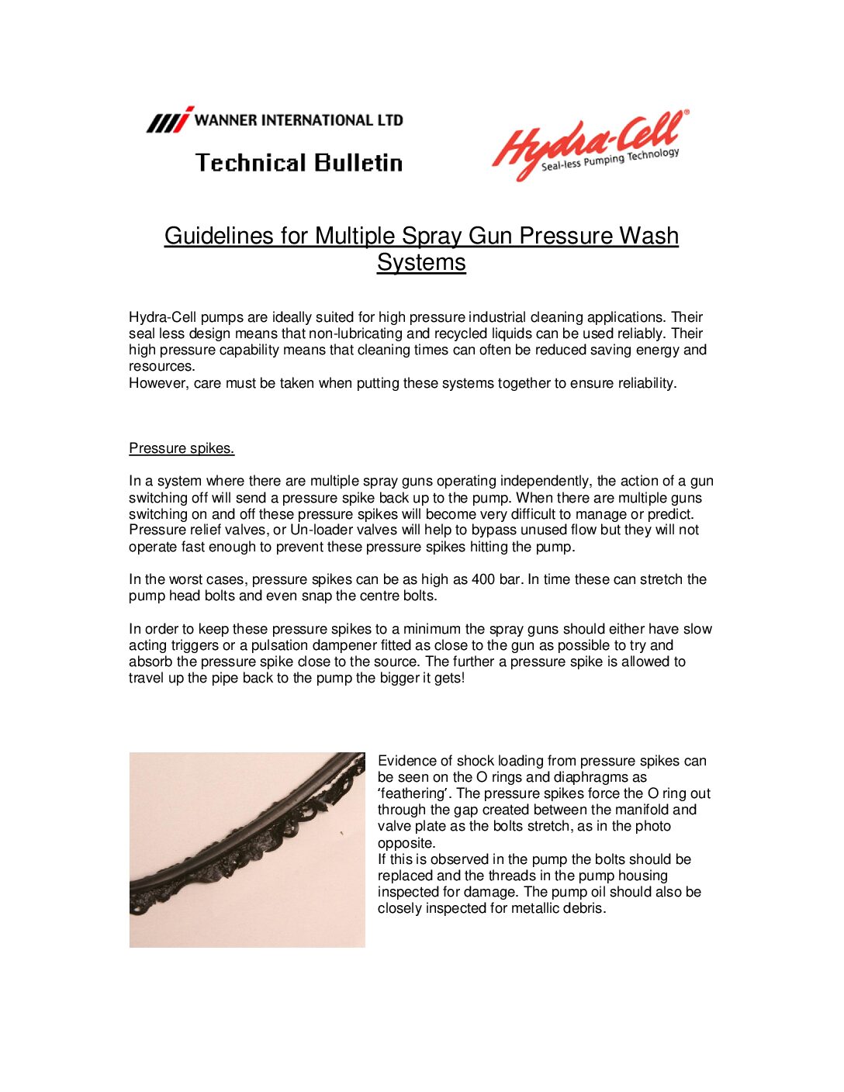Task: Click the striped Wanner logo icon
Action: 169,120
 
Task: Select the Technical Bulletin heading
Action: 299,163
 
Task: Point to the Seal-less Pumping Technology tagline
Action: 610,160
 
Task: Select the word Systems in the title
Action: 421,262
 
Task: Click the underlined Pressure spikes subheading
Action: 182,448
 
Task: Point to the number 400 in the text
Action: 483,579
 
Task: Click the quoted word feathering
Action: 413,793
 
